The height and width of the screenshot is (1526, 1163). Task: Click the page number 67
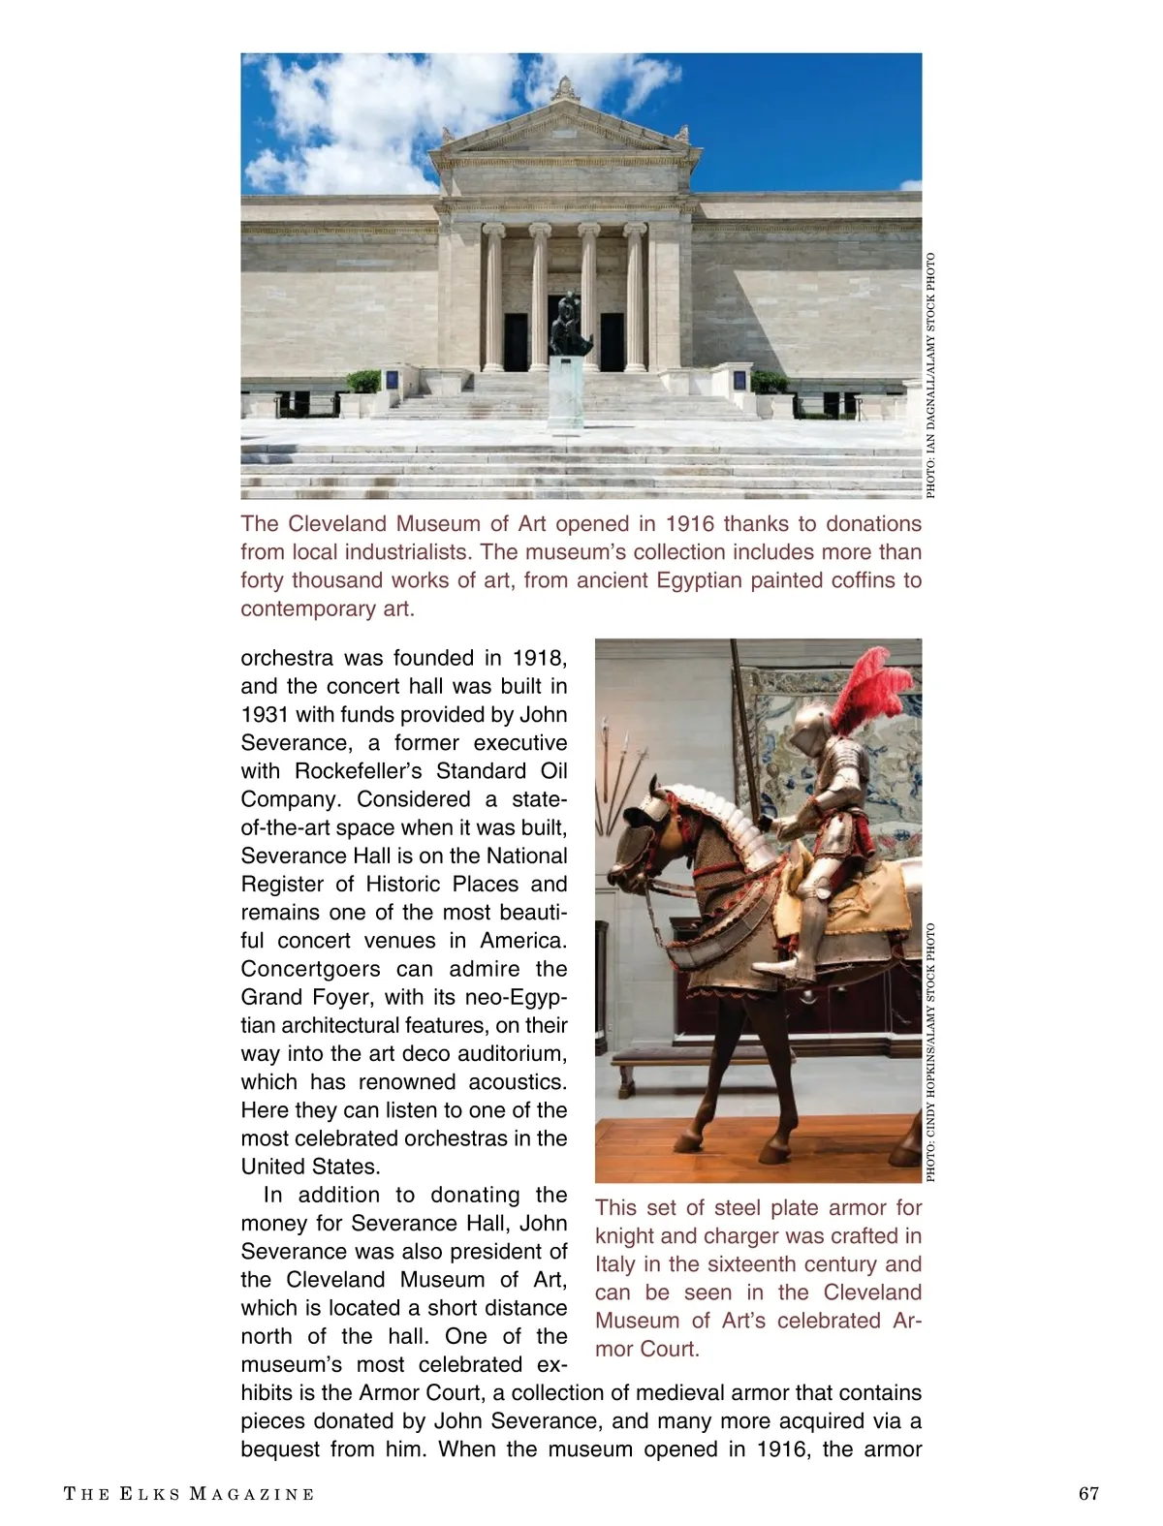(1088, 1493)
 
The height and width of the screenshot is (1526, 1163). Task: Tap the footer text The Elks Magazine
(189, 1494)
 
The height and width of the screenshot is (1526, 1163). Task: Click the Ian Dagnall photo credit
(931, 376)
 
